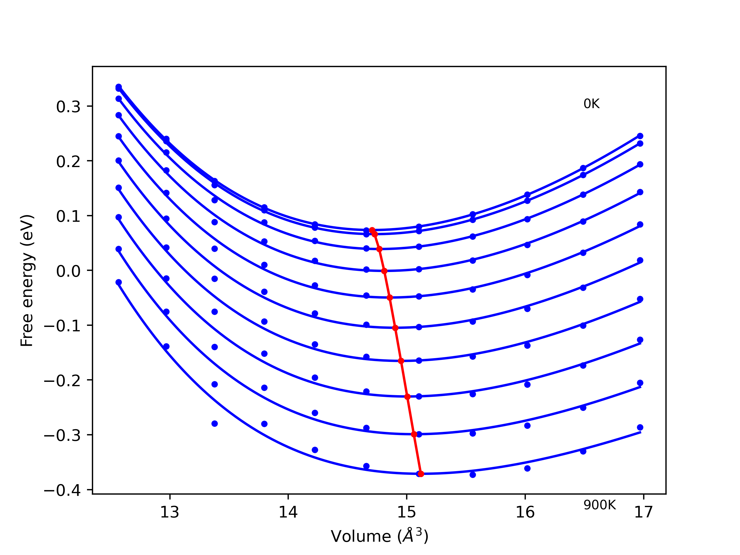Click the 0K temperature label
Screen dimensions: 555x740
(x=591, y=104)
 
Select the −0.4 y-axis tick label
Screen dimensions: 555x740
(x=62, y=491)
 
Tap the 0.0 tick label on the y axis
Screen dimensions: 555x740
(x=68, y=271)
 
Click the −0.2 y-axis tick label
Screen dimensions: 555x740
(x=62, y=381)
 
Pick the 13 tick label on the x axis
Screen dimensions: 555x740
(x=170, y=512)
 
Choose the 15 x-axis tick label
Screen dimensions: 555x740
(x=406, y=512)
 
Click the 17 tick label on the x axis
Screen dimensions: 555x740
(x=643, y=512)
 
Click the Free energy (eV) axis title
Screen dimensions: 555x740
(x=27, y=280)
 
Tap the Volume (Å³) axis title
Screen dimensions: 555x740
(x=379, y=536)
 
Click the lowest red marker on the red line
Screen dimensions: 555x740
(x=421, y=474)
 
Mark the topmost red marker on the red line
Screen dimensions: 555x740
(x=372, y=230)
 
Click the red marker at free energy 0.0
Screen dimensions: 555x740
(x=384, y=271)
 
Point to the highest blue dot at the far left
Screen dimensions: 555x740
(x=119, y=87)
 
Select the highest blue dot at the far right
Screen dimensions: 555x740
(x=640, y=136)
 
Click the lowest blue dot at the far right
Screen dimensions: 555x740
(x=640, y=427)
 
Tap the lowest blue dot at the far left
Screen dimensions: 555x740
(x=119, y=282)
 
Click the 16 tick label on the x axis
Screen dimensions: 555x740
(x=525, y=512)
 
